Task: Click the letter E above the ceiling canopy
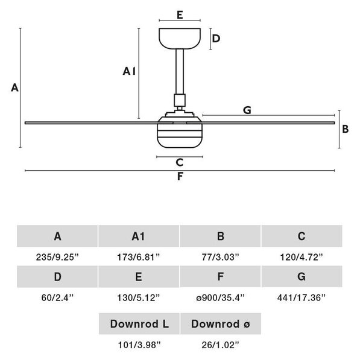click(x=180, y=15)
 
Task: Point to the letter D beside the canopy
click(x=216, y=39)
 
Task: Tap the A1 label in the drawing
click(x=129, y=71)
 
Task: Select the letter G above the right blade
click(x=247, y=110)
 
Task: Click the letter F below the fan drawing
click(x=180, y=176)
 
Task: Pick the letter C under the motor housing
click(x=179, y=162)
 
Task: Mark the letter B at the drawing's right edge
click(x=346, y=129)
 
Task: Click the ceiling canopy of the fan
click(x=180, y=39)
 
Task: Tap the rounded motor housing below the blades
click(x=180, y=132)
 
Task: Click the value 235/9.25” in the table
click(x=57, y=257)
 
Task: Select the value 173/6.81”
click(x=139, y=257)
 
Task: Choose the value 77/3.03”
click(x=220, y=257)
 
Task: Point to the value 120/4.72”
click(x=302, y=257)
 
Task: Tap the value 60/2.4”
click(x=57, y=297)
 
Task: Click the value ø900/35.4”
click(x=220, y=297)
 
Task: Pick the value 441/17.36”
click(x=302, y=297)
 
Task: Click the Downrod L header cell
click(x=139, y=323)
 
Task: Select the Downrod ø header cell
click(x=221, y=323)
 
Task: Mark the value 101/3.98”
click(x=139, y=345)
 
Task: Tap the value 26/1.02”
click(x=220, y=345)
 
